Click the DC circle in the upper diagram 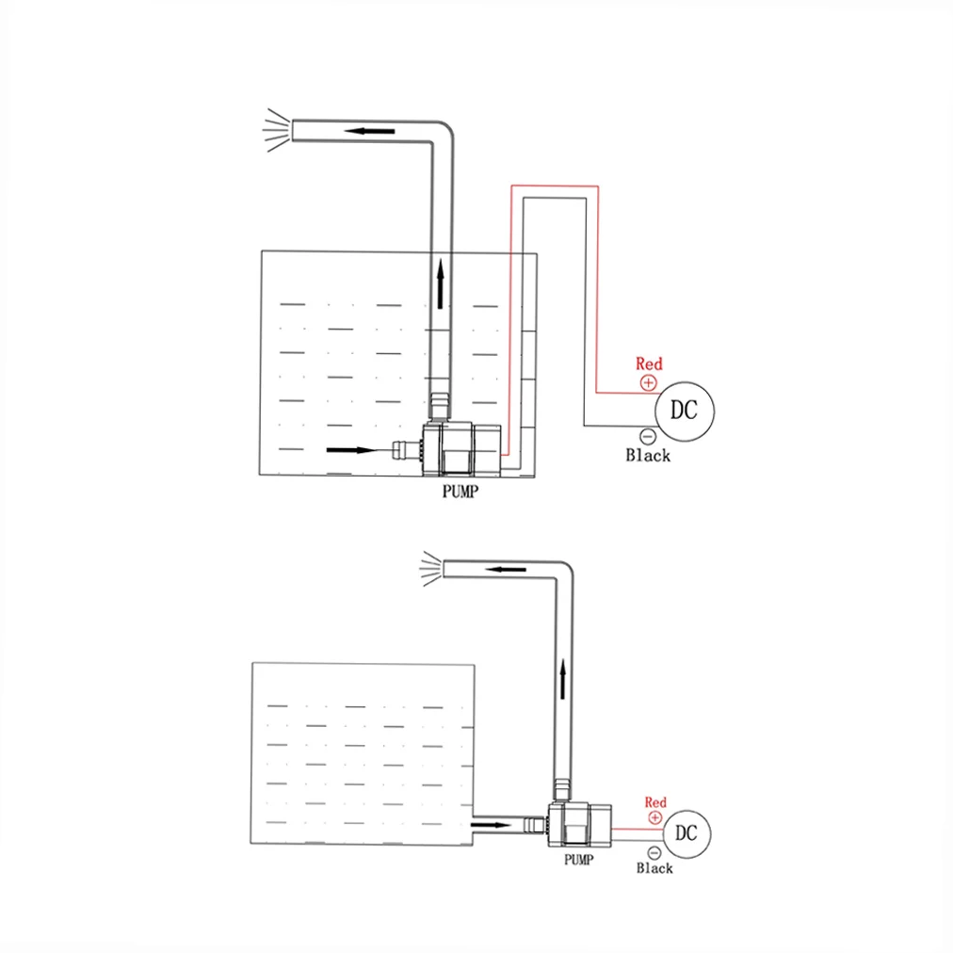[x=685, y=411]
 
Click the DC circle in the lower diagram [x=686, y=833]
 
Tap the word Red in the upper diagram [x=649, y=363]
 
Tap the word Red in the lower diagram [x=655, y=802]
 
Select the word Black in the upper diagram [x=648, y=455]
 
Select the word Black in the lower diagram [x=654, y=868]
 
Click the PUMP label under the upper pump [x=460, y=491]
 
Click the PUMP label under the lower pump [x=578, y=860]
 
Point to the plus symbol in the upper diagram [x=649, y=383]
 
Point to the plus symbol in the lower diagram [x=655, y=818]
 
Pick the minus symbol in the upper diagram [x=648, y=436]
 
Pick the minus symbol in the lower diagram [x=654, y=853]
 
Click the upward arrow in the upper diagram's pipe [x=440, y=283]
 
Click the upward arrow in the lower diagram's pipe [x=563, y=679]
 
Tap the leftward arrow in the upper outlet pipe [x=369, y=131]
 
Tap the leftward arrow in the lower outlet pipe [x=506, y=570]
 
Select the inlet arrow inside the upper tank [x=352, y=450]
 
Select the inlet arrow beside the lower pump [x=491, y=825]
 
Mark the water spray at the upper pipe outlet [x=276, y=130]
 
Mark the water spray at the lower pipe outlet [x=431, y=569]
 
